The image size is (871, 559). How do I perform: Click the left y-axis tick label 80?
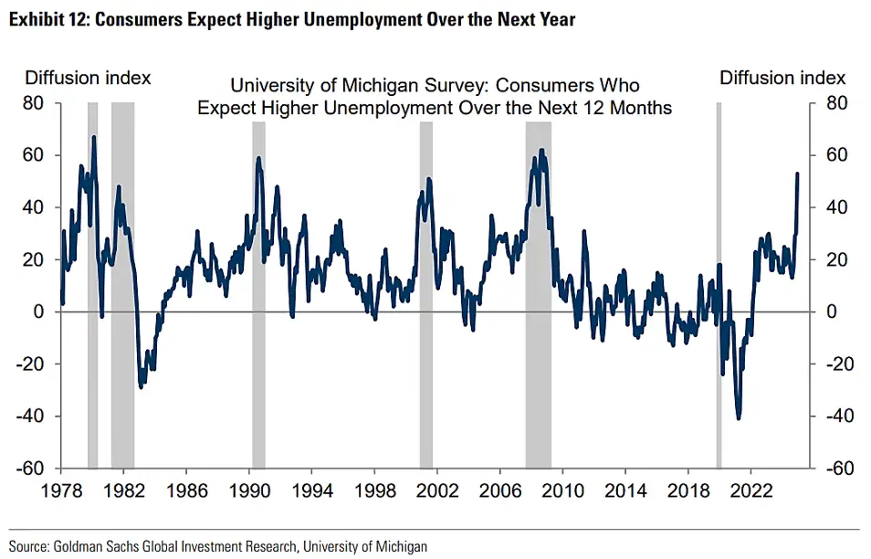pyautogui.click(x=34, y=104)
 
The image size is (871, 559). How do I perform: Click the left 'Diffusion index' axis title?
pyautogui.click(x=88, y=79)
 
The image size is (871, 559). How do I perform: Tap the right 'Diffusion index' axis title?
pyautogui.click(x=782, y=79)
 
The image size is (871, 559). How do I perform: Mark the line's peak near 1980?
pyautogui.click(x=93, y=137)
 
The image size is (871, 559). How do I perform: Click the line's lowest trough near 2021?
pyautogui.click(x=738, y=418)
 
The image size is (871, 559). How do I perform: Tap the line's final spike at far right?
pyautogui.click(x=798, y=174)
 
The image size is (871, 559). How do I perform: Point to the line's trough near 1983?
pyautogui.click(x=141, y=386)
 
